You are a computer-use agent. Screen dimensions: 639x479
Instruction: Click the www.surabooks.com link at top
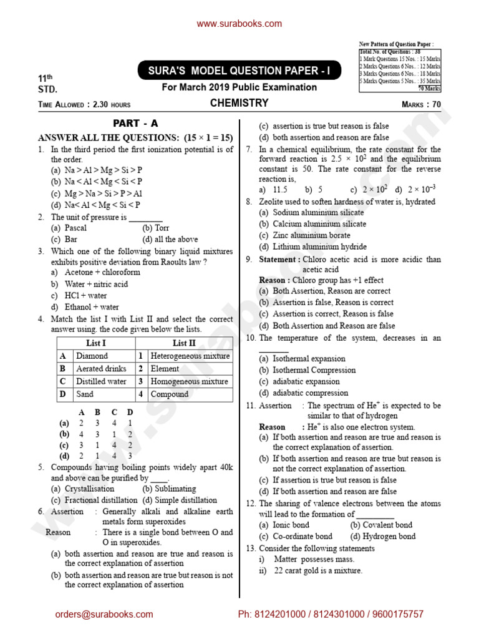click(x=239, y=24)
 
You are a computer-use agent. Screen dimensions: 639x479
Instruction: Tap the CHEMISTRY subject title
click(x=239, y=103)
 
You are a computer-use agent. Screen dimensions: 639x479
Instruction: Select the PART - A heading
click(x=135, y=124)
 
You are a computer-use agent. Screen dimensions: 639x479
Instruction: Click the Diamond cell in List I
click(x=92, y=356)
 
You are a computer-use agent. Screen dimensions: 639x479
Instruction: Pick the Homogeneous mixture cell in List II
click(x=189, y=381)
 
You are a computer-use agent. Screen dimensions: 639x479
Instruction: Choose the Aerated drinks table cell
click(x=100, y=369)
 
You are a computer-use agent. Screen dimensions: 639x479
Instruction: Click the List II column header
click(x=184, y=343)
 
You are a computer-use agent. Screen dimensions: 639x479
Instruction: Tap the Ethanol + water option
click(x=92, y=307)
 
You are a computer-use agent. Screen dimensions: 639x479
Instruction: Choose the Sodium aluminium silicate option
click(x=319, y=213)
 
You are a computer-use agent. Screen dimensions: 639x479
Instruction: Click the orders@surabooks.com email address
click(x=104, y=615)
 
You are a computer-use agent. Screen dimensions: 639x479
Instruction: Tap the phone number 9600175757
click(x=397, y=615)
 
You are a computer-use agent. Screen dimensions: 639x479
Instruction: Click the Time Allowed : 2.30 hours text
click(x=84, y=105)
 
